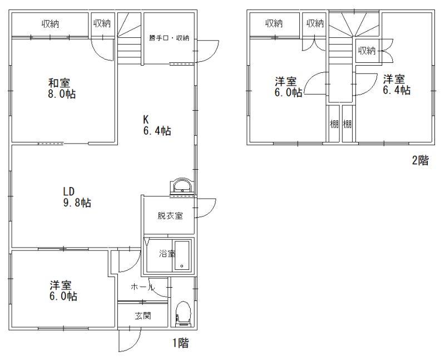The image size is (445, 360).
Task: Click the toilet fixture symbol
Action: [x=183, y=313]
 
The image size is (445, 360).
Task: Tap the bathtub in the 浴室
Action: [x=182, y=255]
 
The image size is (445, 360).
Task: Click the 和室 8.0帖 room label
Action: [x=62, y=88]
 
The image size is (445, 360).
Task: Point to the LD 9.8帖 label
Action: [x=77, y=197]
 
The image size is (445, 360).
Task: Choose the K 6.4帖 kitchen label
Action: [x=157, y=125]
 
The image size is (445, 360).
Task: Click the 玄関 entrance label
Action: [x=143, y=315]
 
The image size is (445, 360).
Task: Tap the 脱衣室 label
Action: [x=170, y=216]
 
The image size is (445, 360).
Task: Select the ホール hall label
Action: [x=142, y=287]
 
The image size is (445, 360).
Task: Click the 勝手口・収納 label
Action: [x=169, y=38]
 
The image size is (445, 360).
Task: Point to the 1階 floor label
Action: [x=180, y=343]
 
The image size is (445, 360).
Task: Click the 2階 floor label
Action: [x=420, y=160]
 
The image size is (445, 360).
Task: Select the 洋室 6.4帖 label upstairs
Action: [x=397, y=85]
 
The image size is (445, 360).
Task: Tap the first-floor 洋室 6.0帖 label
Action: [x=63, y=290]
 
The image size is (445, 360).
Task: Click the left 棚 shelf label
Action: [x=334, y=124]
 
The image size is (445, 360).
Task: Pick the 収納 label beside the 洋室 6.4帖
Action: [x=367, y=51]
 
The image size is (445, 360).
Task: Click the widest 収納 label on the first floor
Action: [x=50, y=24]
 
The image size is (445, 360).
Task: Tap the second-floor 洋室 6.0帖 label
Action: [x=288, y=87]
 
